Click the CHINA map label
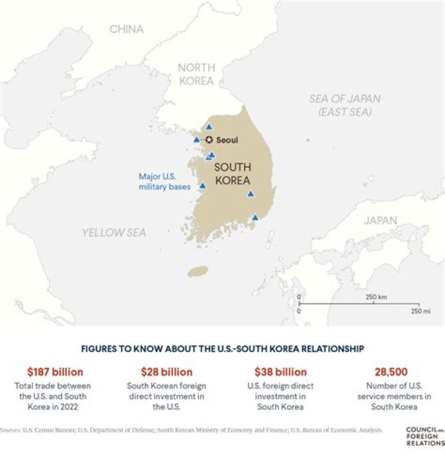pos(126,29)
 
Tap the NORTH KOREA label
pos(196,74)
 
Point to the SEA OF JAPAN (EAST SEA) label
pos(345,105)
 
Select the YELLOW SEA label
pos(114,232)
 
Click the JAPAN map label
pos(380,220)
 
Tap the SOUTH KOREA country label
pos(232,174)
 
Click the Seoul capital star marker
pos(210,140)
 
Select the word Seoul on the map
pos(227,140)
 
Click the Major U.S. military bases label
pos(164,181)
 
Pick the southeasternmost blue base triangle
pos(255,217)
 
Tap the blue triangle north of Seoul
pos(209,127)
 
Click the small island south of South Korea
pos(198,271)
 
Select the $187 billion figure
pos(55,372)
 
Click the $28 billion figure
pos(167,372)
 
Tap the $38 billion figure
pos(281,372)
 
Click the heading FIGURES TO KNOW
pos(222,349)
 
